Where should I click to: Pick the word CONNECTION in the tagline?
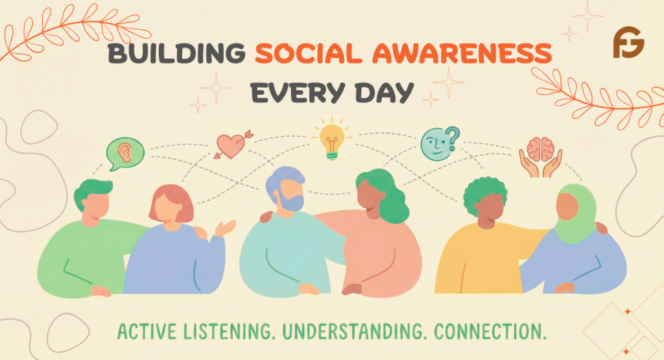491,331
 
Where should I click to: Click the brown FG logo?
628,43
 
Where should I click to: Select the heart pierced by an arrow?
231,145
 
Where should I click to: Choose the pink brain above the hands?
540,149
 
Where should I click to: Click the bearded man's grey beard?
291,202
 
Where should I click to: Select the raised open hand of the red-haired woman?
224,228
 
